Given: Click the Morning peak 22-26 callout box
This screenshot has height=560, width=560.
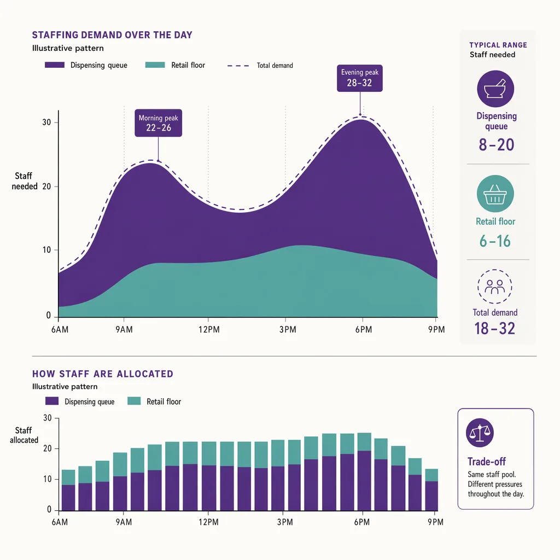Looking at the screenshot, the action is (158, 123).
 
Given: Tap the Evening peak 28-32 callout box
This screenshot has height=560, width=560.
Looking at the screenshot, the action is (360, 78).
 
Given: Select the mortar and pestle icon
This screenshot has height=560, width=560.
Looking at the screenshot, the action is (495, 89).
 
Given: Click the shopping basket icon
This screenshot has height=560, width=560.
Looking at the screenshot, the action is (495, 194).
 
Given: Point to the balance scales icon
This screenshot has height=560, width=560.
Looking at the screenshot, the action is (480, 433).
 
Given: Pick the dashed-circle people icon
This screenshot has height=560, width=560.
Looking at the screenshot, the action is (494, 287).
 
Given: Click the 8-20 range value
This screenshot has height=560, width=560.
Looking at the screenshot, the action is (497, 144).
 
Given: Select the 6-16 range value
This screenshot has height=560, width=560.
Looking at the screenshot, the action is (495, 241).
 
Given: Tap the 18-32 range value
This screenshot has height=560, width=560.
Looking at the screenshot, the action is (494, 329).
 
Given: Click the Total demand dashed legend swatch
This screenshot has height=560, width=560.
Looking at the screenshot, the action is (238, 66).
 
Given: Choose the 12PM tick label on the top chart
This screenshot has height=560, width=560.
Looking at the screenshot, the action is (209, 329).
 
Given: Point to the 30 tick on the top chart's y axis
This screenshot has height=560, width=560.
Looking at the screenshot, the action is (46, 122).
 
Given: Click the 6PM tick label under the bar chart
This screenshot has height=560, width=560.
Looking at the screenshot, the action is (362, 522).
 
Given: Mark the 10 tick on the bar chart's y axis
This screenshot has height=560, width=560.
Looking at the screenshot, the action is (48, 479).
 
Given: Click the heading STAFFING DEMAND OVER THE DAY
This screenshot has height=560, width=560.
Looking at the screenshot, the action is (112, 35).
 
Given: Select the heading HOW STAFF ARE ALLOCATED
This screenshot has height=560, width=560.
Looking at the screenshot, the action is (103, 374).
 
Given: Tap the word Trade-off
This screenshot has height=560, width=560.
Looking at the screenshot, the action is (486, 462).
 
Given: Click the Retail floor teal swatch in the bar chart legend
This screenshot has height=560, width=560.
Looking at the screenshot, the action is (134, 401).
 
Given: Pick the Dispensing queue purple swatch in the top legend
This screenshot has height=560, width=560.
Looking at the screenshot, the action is (55, 65).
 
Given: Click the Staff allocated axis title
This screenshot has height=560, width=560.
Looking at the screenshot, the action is (24, 435).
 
